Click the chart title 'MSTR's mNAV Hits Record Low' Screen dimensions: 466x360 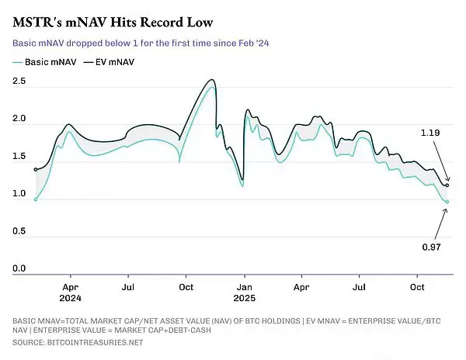[x=113, y=22]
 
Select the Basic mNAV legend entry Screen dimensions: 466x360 [x=44, y=62]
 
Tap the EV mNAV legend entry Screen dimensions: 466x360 [x=109, y=62]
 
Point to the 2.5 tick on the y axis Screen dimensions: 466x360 [x=19, y=81]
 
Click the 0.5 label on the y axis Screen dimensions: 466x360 [x=19, y=231]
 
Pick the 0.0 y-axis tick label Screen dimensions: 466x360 [x=19, y=268]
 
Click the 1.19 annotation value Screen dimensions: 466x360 [x=430, y=133]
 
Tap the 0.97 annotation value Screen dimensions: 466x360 [x=431, y=247]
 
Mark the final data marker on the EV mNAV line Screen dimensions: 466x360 [x=447, y=185]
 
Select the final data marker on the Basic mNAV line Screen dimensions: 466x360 [x=447, y=202]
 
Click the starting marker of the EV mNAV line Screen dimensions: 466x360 [x=36, y=170]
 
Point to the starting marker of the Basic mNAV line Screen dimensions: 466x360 [x=36, y=199]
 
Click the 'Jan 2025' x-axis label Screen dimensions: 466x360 [x=245, y=292]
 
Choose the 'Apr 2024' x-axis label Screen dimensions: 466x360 [x=71, y=292]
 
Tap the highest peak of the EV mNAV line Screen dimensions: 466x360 [x=212, y=80]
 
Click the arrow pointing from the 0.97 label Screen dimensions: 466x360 [x=440, y=223]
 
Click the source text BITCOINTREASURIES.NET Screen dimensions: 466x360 [x=95, y=342]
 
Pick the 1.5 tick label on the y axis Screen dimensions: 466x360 [x=19, y=156]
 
